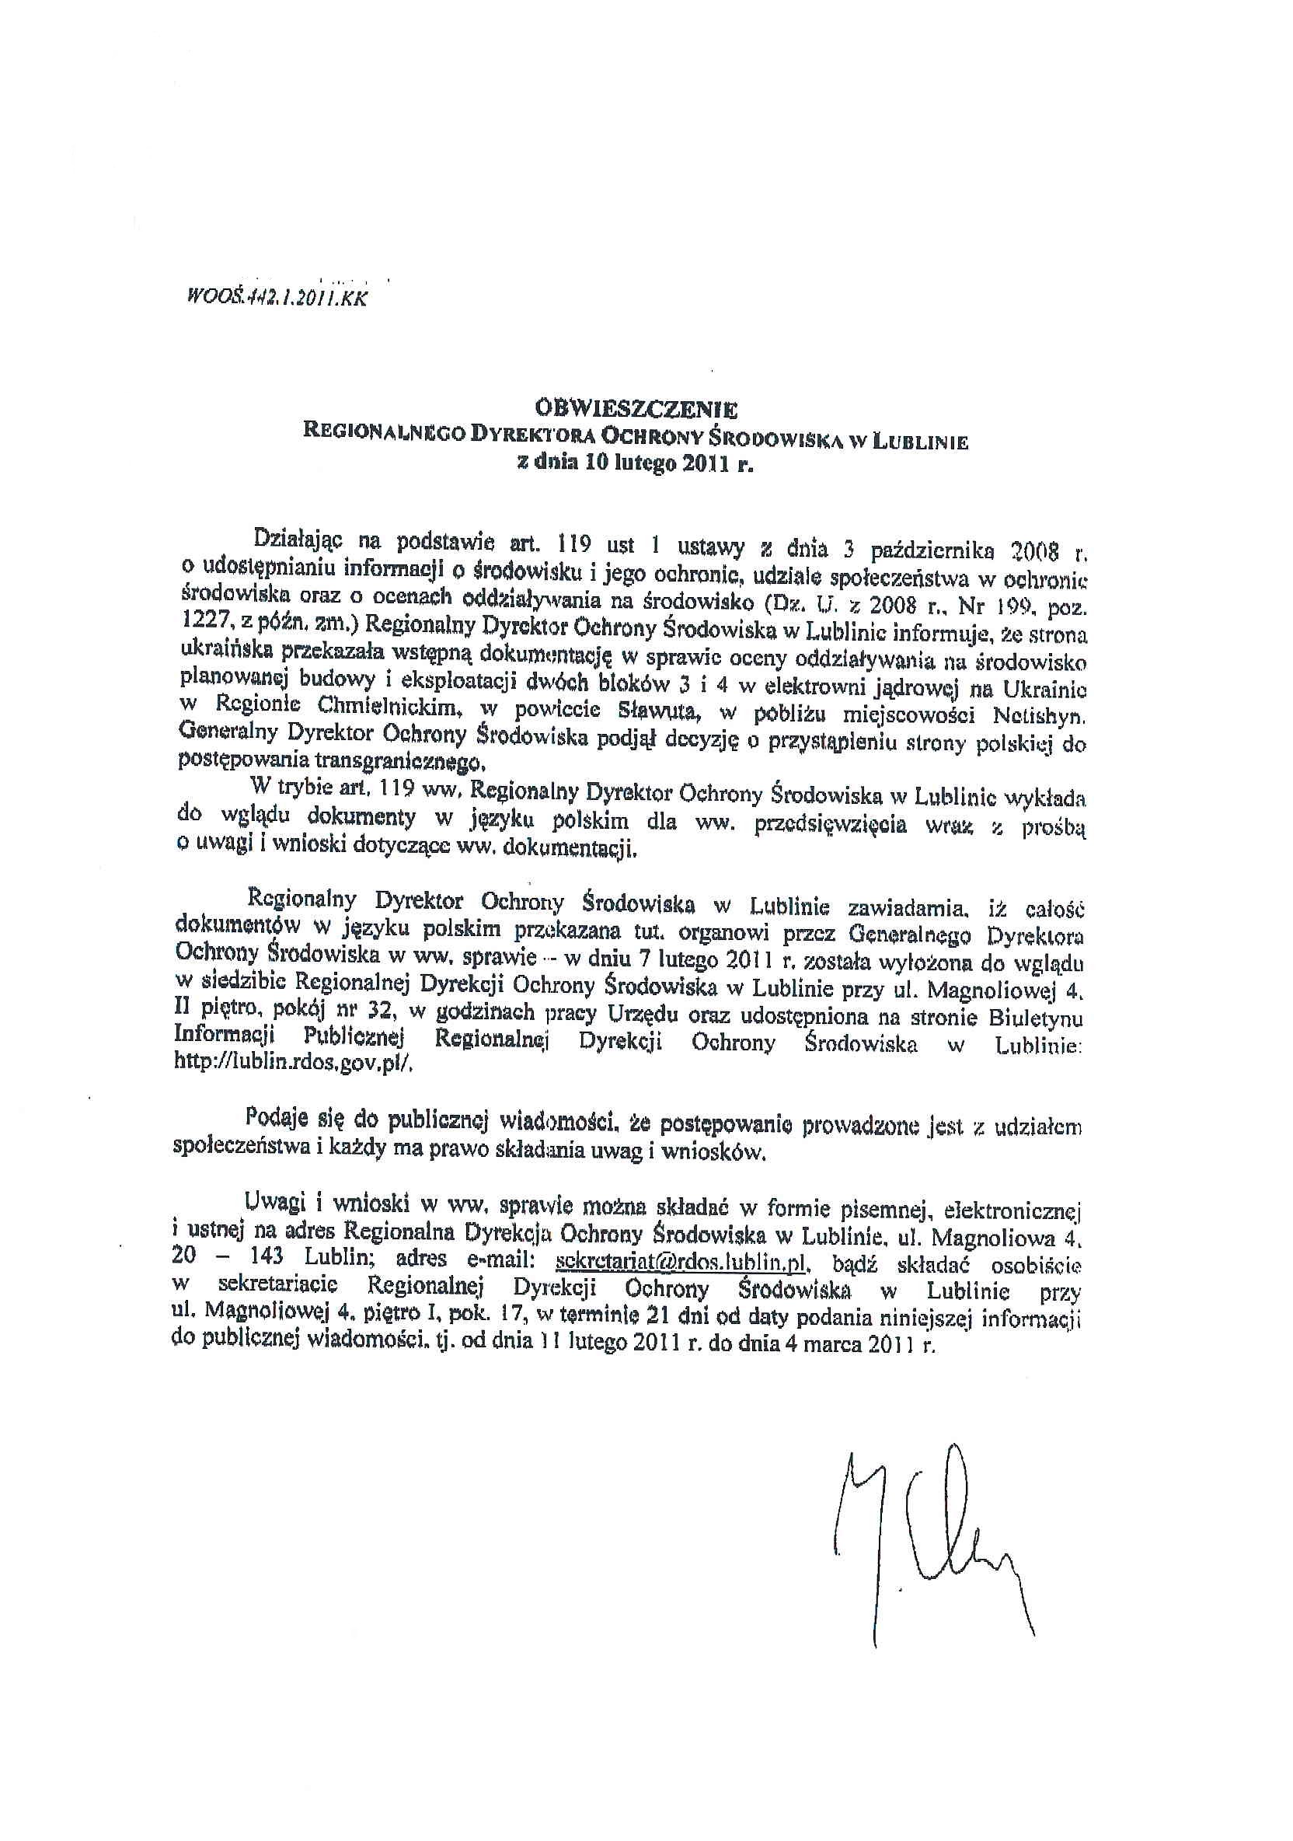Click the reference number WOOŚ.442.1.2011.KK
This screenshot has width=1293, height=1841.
(277, 299)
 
